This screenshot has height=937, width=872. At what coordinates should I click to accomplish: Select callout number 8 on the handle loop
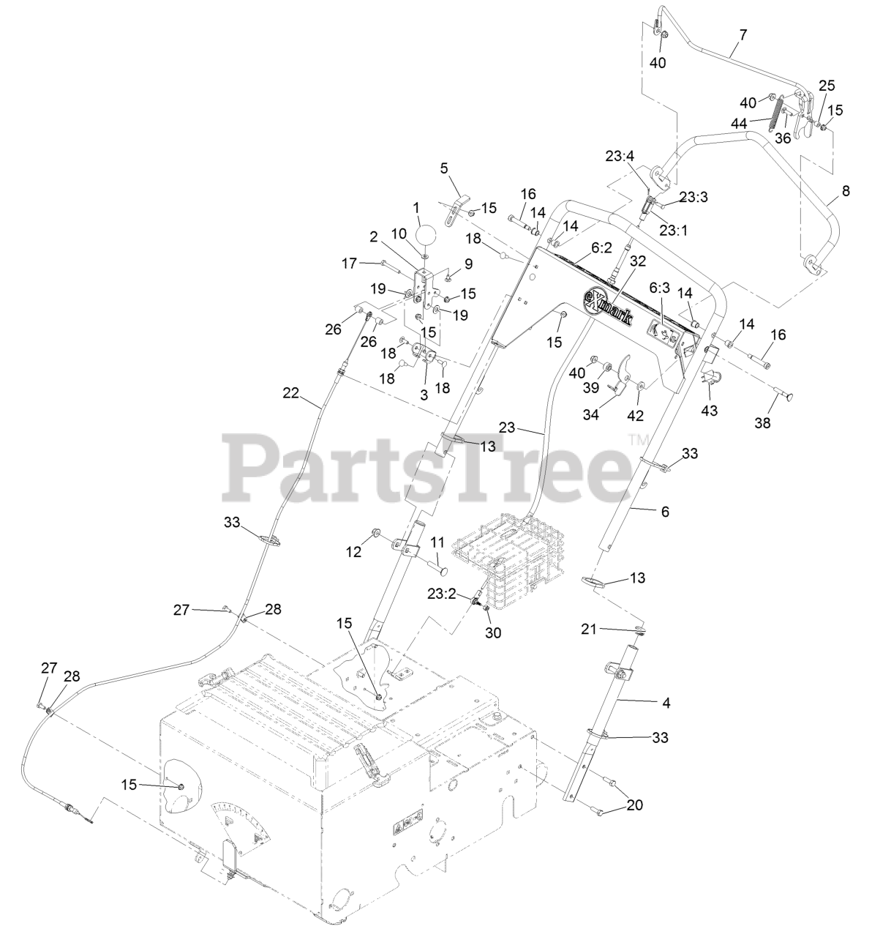845,191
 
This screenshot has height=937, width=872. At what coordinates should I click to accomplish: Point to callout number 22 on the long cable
291,393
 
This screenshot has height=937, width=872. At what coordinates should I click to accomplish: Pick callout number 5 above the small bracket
443,168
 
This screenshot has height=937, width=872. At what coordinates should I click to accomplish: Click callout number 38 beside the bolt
762,422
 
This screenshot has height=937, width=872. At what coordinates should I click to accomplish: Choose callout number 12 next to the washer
354,552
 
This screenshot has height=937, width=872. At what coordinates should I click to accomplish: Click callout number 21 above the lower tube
589,628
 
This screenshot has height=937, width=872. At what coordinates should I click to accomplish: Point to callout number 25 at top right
826,85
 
